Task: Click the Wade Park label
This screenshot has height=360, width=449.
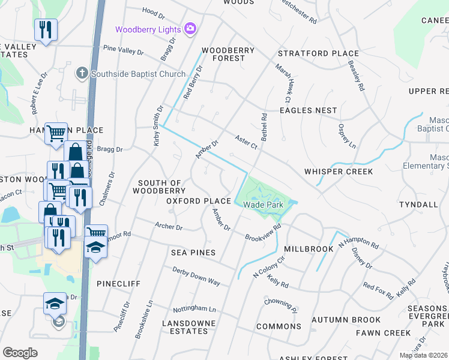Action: pos(262,205)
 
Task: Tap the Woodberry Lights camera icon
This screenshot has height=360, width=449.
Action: pos(191,29)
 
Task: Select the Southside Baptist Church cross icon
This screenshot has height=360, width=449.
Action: pos(82,73)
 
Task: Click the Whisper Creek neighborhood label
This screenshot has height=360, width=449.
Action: pos(338,172)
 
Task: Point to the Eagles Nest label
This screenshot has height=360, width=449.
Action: pos(309,110)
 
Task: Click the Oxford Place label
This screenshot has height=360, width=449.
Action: pos(199,201)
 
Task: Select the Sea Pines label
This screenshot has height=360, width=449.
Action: pos(193,253)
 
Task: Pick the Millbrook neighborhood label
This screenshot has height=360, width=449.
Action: pos(308,248)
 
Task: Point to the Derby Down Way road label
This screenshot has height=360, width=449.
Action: pos(196,275)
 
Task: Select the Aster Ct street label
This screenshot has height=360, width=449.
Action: pos(246,142)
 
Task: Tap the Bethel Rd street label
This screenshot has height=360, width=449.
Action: pos(263,127)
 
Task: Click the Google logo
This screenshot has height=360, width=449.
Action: pos(20,353)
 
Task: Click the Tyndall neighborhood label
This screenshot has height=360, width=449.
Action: pos(418,205)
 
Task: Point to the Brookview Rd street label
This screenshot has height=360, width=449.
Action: pos(263,233)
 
